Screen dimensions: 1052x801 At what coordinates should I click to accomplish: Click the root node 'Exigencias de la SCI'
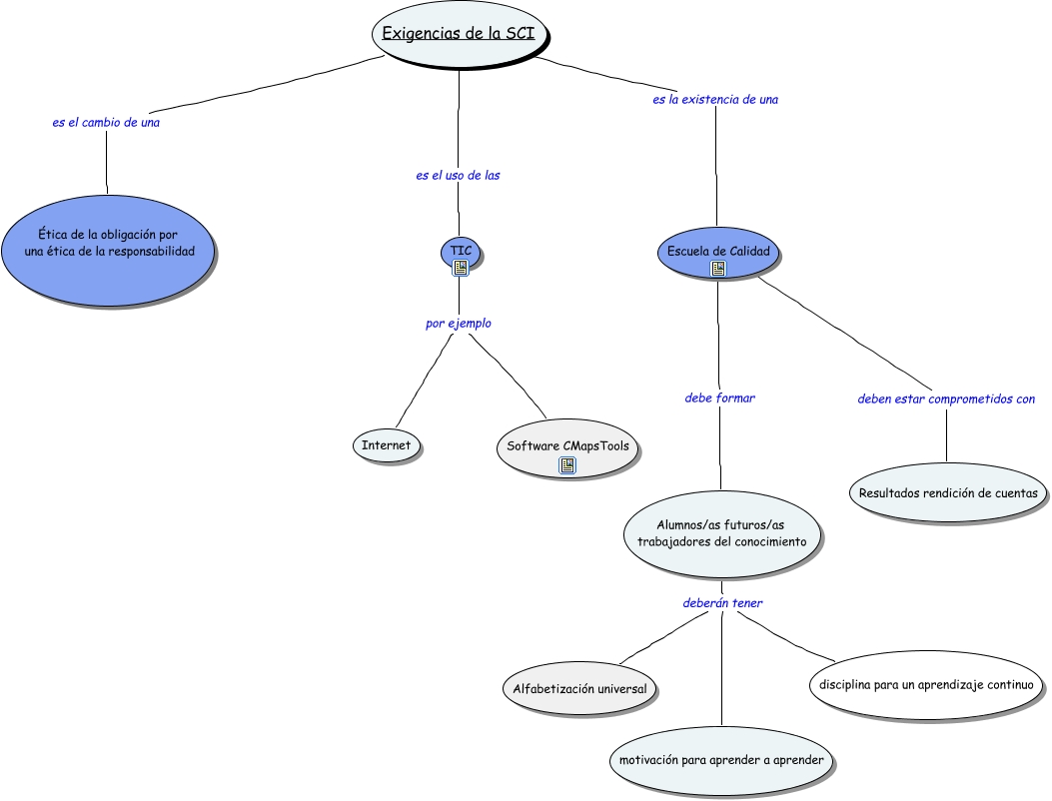[x=460, y=34]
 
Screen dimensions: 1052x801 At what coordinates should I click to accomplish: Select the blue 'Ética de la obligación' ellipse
[x=107, y=251]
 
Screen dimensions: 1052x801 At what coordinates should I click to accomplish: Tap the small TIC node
[x=461, y=254]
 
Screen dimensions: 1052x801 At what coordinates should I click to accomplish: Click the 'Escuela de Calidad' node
[x=718, y=253]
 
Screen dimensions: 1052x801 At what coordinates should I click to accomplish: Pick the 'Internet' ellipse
[x=386, y=445]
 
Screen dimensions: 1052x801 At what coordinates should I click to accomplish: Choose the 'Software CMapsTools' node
[x=567, y=448]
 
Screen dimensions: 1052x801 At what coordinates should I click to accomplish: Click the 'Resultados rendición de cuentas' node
[x=948, y=492]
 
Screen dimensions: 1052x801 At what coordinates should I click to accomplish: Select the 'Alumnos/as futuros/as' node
[x=722, y=534]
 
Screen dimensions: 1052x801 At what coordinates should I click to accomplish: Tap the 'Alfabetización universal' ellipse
[x=579, y=688]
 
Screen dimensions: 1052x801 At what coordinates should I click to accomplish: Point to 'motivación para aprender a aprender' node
[x=721, y=760]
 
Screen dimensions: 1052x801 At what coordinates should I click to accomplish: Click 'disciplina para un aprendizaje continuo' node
[x=926, y=685]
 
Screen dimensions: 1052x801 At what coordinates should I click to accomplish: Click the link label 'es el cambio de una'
[x=106, y=123]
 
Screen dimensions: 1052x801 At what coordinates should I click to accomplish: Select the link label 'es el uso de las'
[x=458, y=176]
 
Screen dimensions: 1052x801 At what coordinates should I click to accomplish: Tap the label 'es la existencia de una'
[x=715, y=100]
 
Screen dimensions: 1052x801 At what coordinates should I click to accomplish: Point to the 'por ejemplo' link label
[x=459, y=324]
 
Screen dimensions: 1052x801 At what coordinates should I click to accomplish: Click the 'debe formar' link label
[x=720, y=398]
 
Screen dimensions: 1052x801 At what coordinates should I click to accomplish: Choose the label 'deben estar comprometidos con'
[x=946, y=400]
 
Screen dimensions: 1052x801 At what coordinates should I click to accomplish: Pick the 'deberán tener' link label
[x=722, y=603]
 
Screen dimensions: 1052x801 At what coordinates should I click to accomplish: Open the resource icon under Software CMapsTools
[x=567, y=465]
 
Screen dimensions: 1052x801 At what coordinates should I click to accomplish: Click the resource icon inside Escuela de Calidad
[x=718, y=269]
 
